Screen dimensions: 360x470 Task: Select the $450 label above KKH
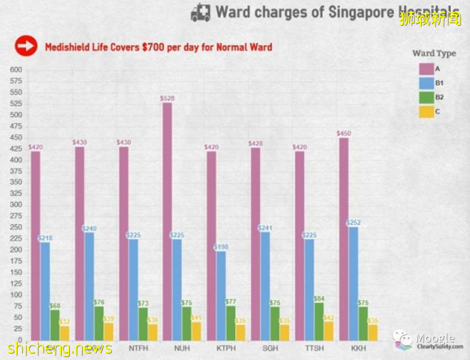(344, 133)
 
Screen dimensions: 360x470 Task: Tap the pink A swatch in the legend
(426, 69)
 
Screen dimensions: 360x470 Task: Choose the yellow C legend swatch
(426, 110)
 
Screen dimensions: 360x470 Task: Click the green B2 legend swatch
(426, 96)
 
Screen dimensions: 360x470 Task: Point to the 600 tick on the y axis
(16, 70)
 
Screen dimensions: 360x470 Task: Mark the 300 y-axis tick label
(16, 205)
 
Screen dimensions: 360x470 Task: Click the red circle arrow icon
(25, 46)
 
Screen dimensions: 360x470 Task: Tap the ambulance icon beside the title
(200, 13)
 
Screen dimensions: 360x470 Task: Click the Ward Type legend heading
(434, 53)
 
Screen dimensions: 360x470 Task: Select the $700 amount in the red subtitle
(155, 46)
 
